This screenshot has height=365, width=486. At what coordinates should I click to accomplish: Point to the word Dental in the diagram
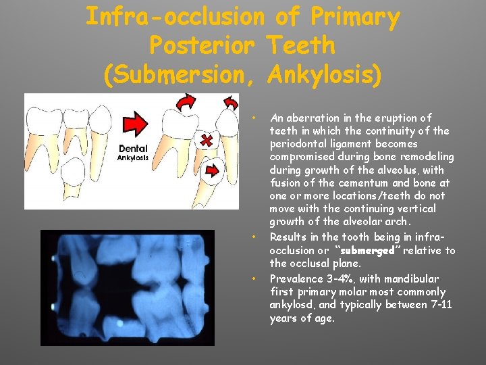(133, 149)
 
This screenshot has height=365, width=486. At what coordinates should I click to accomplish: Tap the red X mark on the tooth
(203, 140)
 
